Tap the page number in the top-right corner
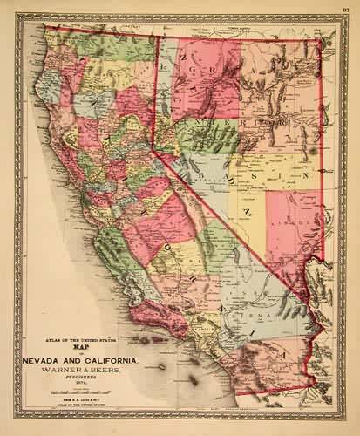346,9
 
